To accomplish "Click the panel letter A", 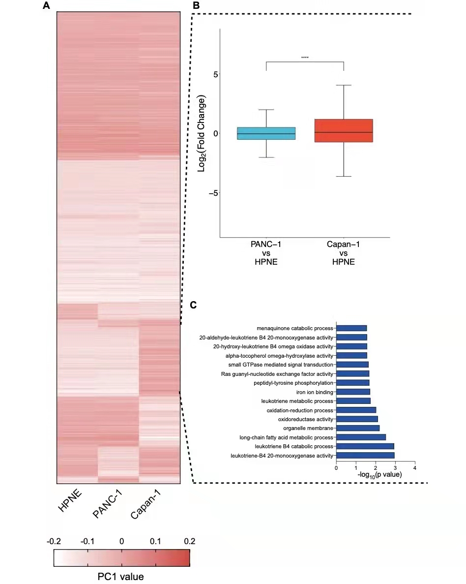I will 46,6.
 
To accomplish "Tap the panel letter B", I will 196,6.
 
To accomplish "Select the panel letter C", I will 194,305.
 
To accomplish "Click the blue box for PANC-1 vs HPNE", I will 266,133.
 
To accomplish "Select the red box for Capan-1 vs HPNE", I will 343,130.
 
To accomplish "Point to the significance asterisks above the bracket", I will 305,58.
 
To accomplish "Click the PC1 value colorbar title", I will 121,575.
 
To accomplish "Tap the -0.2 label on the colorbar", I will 54,541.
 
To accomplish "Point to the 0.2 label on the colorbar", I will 189,541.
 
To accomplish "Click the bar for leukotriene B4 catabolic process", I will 365,446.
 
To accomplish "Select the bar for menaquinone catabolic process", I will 351,328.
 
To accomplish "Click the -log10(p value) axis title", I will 380,475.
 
